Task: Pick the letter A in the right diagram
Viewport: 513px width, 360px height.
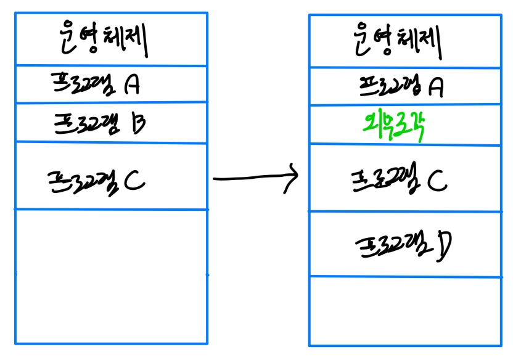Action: pos(435,88)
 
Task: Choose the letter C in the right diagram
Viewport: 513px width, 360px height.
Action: pos(436,181)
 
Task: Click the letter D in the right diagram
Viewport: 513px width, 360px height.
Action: pos(441,245)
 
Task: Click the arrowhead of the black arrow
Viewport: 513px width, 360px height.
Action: pos(295,177)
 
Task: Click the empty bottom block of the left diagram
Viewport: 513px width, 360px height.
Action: pos(111,276)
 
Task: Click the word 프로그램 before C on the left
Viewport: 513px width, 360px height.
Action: pos(83,181)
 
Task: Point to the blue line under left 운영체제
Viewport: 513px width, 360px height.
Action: pos(111,65)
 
